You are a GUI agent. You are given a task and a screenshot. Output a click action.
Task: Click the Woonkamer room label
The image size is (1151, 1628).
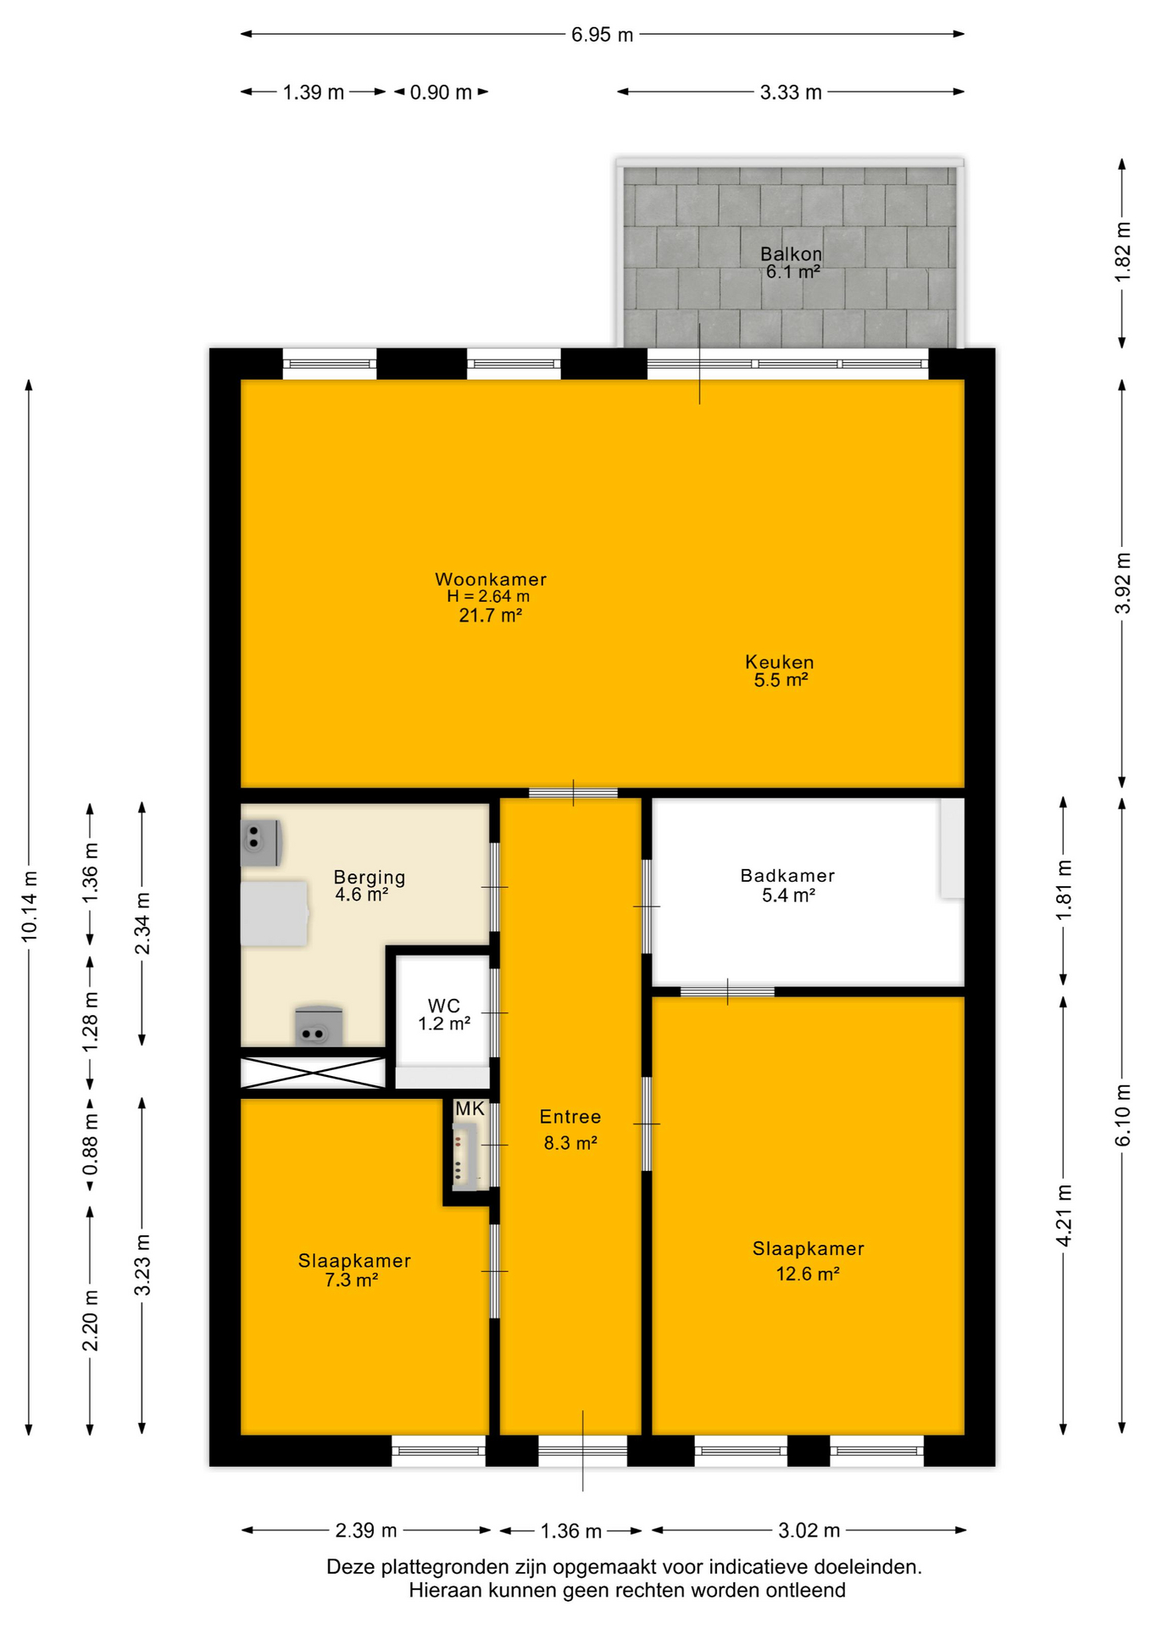(x=491, y=579)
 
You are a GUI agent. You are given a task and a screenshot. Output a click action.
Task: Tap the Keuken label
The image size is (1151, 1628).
(x=780, y=661)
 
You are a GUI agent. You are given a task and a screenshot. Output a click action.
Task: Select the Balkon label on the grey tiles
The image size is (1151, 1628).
(x=791, y=254)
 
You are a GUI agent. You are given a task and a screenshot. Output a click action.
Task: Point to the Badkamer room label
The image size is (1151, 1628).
(x=787, y=876)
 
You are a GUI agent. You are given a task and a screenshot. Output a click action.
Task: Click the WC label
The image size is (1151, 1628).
(x=444, y=1006)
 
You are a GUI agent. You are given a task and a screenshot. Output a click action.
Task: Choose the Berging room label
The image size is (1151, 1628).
(x=370, y=878)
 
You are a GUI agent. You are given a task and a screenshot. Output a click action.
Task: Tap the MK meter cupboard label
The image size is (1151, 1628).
(x=470, y=1109)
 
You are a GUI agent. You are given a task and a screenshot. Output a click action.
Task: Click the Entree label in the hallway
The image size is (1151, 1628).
(x=570, y=1117)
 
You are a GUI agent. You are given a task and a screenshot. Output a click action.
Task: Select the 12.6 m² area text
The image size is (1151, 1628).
(x=808, y=1274)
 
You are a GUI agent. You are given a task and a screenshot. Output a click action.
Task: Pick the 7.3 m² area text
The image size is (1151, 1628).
(x=351, y=1280)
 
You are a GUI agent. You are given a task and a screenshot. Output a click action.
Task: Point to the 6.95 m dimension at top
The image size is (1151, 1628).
(x=602, y=35)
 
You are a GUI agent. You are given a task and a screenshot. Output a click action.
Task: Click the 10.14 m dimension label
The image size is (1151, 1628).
(x=30, y=906)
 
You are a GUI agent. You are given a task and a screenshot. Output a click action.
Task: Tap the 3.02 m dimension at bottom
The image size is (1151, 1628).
(x=809, y=1530)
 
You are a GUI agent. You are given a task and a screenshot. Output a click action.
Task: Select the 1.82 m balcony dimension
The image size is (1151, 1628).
(x=1123, y=253)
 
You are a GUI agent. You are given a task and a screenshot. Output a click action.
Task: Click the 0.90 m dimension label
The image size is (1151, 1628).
(x=441, y=92)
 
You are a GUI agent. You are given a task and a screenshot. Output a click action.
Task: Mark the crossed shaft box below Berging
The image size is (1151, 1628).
(x=313, y=1073)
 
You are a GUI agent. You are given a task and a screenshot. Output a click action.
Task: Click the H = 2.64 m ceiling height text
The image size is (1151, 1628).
(x=488, y=596)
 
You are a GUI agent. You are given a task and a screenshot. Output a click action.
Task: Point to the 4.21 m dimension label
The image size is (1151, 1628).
(x=1065, y=1216)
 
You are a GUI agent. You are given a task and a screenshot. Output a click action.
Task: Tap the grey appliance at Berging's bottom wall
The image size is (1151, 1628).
(x=319, y=1026)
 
